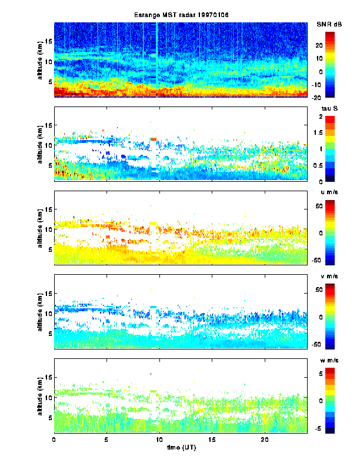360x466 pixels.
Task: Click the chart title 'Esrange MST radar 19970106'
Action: (181, 14)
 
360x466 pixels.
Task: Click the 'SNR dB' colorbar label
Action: (329, 24)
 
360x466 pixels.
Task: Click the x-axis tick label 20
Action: (265, 440)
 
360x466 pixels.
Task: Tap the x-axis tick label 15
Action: (212, 440)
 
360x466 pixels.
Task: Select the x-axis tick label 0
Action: (54, 440)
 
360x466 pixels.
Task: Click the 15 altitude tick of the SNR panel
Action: (49, 41)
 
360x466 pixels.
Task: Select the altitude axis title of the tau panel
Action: (39, 144)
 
